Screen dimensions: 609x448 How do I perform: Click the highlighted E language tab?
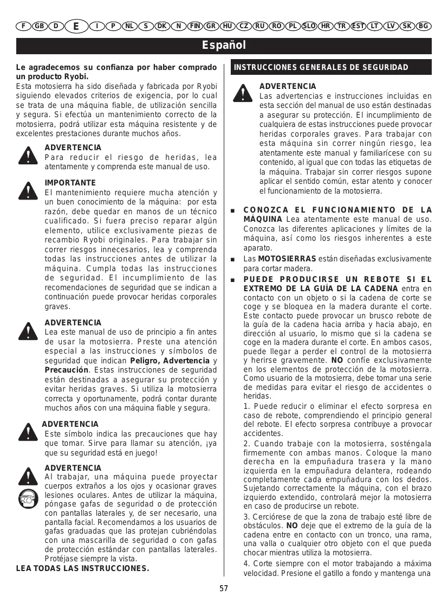point(76,26)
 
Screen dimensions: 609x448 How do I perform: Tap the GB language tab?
point(40,26)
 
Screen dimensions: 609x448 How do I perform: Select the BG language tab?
point(424,26)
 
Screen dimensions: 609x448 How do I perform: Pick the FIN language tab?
point(195,26)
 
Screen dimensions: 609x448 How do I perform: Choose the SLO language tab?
point(309,26)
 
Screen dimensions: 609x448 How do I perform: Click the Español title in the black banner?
point(224,45)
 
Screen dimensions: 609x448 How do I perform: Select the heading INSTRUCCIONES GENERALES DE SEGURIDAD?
point(321,67)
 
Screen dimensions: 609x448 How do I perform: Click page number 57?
point(224,589)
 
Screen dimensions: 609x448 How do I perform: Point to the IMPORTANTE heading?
point(70,183)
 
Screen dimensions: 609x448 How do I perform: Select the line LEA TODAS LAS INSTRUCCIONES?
point(82,568)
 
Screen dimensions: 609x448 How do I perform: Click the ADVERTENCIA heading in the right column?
point(288,86)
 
